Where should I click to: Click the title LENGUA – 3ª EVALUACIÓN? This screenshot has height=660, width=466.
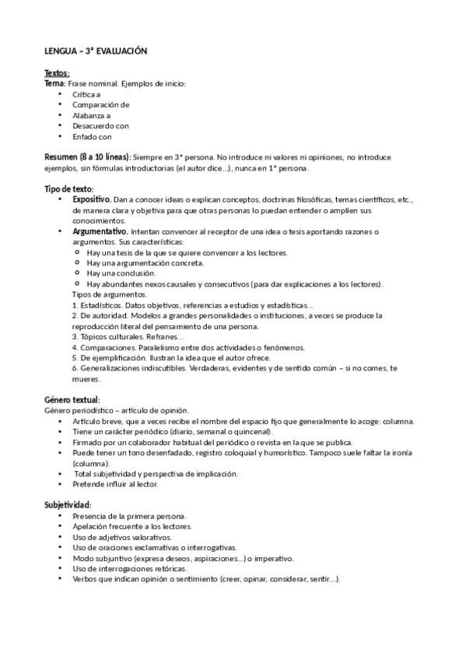point(95,50)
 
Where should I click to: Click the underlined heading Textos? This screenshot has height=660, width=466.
point(57,73)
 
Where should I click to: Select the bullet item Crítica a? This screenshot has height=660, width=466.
point(86,93)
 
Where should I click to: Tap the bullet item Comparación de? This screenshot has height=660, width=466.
point(100,104)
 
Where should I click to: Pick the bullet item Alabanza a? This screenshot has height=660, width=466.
point(91,114)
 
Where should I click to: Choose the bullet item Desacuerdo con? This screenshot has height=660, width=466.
point(100,125)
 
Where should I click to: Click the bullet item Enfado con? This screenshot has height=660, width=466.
point(92,136)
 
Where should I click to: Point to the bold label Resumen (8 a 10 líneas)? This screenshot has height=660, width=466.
point(88,156)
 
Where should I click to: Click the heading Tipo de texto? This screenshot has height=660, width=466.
point(68,188)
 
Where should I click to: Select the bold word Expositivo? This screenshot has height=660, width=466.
point(92,199)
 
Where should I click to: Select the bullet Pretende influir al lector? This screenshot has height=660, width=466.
point(115,484)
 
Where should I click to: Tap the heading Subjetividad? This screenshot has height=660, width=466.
point(68,504)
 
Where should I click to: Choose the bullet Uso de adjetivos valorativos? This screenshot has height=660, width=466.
point(121,537)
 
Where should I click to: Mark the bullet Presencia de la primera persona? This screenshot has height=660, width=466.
point(129,516)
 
